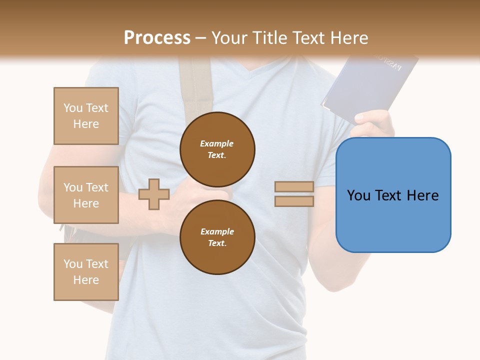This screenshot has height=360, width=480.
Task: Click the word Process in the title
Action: click(157, 37)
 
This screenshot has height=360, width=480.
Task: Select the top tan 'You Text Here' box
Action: click(86, 116)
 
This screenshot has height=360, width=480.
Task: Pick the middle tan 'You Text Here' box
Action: click(86, 195)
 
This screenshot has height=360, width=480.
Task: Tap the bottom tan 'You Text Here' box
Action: click(86, 272)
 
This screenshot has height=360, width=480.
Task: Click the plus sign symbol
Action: click(154, 194)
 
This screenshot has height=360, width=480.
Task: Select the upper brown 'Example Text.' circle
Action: click(217, 149)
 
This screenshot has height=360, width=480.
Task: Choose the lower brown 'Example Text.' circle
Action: click(217, 237)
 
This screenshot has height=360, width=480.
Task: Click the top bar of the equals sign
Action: click(294, 187)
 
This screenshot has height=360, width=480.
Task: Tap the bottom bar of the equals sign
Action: click(294, 201)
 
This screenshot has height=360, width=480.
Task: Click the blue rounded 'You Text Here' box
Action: click(393, 195)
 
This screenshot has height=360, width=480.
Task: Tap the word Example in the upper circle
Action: click(217, 143)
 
